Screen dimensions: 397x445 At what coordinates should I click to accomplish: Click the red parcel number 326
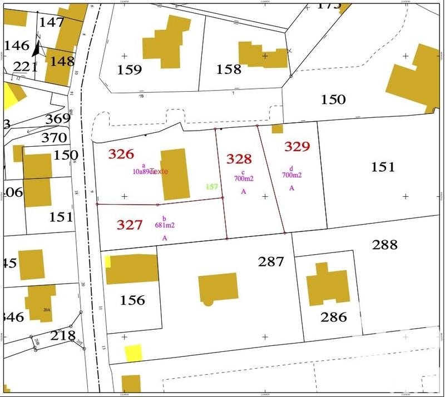point(121,154)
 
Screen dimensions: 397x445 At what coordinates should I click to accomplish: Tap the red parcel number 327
point(130,225)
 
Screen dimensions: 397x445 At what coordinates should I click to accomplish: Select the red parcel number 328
point(239,159)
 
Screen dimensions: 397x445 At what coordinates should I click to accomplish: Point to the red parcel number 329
point(297,146)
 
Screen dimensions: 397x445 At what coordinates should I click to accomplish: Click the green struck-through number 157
point(212,187)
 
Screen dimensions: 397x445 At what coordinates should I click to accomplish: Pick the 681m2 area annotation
point(164,225)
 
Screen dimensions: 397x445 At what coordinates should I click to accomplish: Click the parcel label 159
point(130,70)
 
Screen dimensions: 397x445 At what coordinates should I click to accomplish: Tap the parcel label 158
point(229,70)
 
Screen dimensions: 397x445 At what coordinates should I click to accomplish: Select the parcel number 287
point(271,261)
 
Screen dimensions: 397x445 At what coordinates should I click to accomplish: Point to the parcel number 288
point(385,245)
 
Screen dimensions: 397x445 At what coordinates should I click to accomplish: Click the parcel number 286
point(334,317)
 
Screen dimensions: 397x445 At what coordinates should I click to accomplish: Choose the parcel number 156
point(132,300)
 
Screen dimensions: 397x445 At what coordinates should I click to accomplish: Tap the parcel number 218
point(63,335)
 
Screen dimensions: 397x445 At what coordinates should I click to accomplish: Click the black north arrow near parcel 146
point(37,49)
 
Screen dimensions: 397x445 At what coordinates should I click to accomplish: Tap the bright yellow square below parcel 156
point(133,353)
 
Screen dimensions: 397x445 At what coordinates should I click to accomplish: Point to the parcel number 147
point(52,23)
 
